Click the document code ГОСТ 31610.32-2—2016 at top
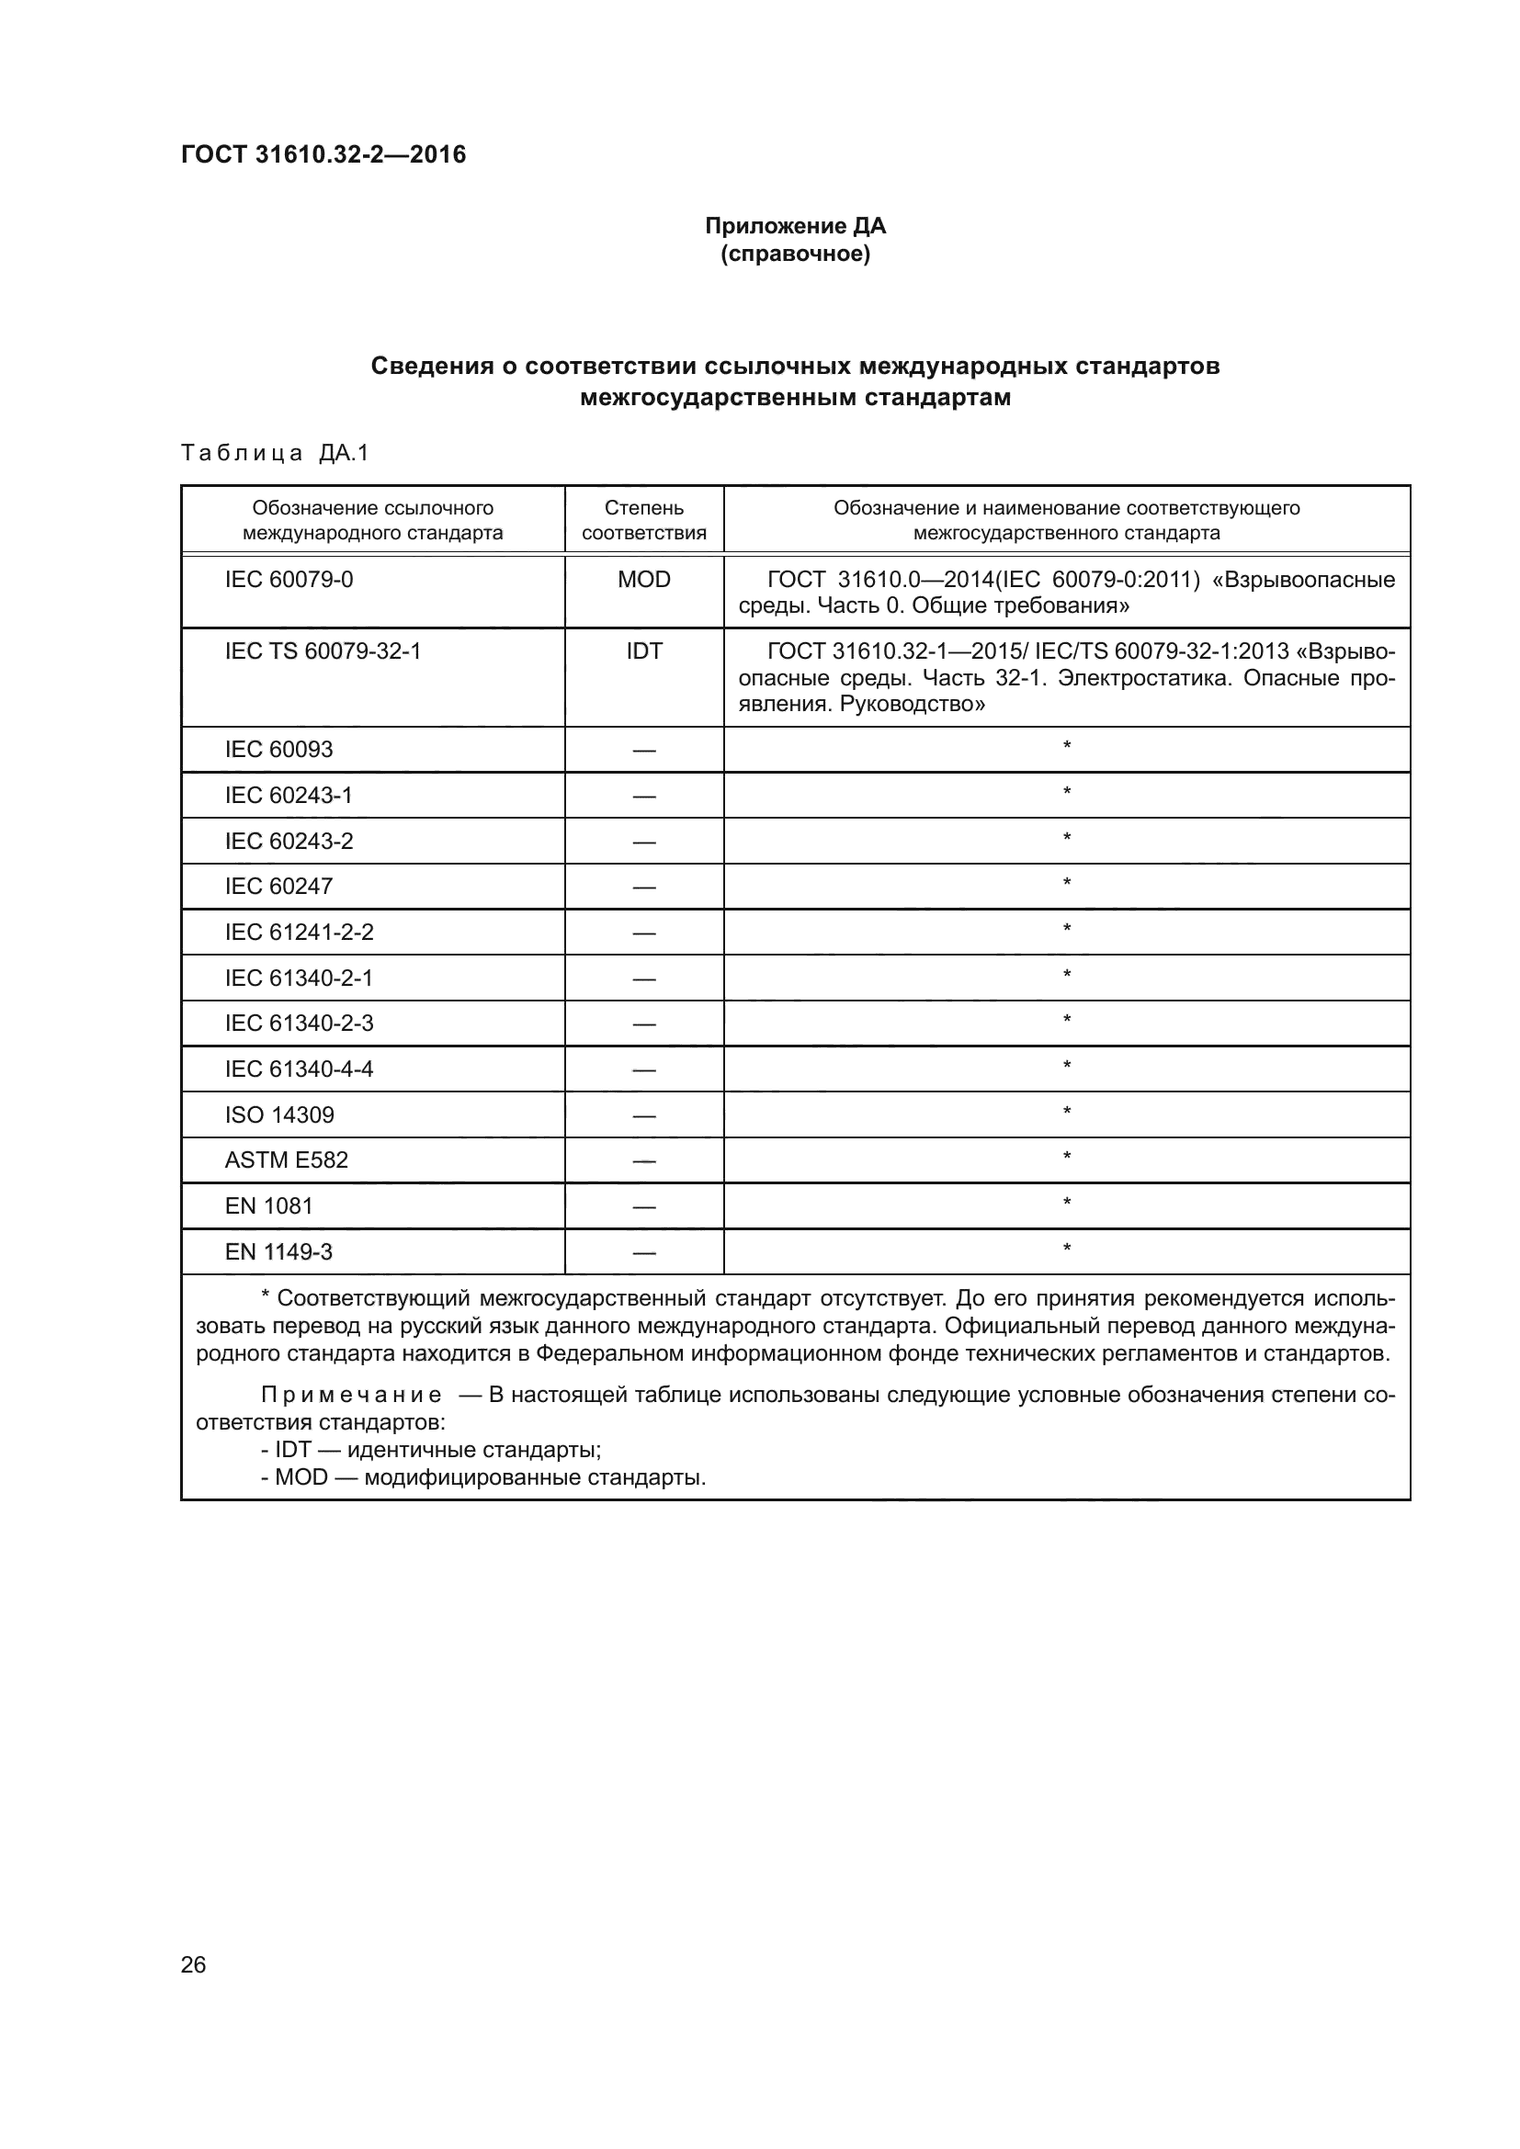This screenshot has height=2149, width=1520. pos(323,154)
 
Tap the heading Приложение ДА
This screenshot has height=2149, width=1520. pos(795,226)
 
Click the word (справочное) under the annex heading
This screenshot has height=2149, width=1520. pos(795,254)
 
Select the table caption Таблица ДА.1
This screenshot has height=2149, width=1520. pos(275,453)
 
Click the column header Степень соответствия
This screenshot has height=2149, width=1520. pos(644,519)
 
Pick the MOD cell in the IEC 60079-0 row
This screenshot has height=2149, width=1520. pos(644,580)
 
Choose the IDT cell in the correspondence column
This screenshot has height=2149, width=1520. pos(644,650)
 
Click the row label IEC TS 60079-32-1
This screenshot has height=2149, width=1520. pos(323,650)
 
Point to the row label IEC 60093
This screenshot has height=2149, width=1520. pos(279,749)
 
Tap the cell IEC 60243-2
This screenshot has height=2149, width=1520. pos(289,841)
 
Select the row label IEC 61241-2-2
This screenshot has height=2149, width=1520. pos(299,932)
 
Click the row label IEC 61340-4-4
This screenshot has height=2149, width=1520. pos(299,1068)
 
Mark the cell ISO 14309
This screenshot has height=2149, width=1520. pos(279,1114)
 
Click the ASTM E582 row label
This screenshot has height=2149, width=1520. pos(287,1159)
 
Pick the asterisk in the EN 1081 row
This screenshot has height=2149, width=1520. pos(1066,1202)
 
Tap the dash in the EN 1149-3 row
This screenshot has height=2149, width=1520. pos(644,1252)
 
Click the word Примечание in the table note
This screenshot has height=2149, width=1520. pos(351,1395)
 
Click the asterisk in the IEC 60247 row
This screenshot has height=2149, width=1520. pos(1066,883)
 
